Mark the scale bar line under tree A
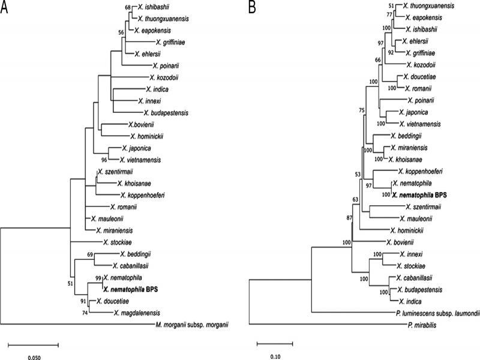tap(33, 345)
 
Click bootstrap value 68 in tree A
tap(127, 7)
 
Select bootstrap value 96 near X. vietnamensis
tap(104, 160)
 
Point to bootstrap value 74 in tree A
tap(83, 312)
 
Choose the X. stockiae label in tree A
tap(118, 242)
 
